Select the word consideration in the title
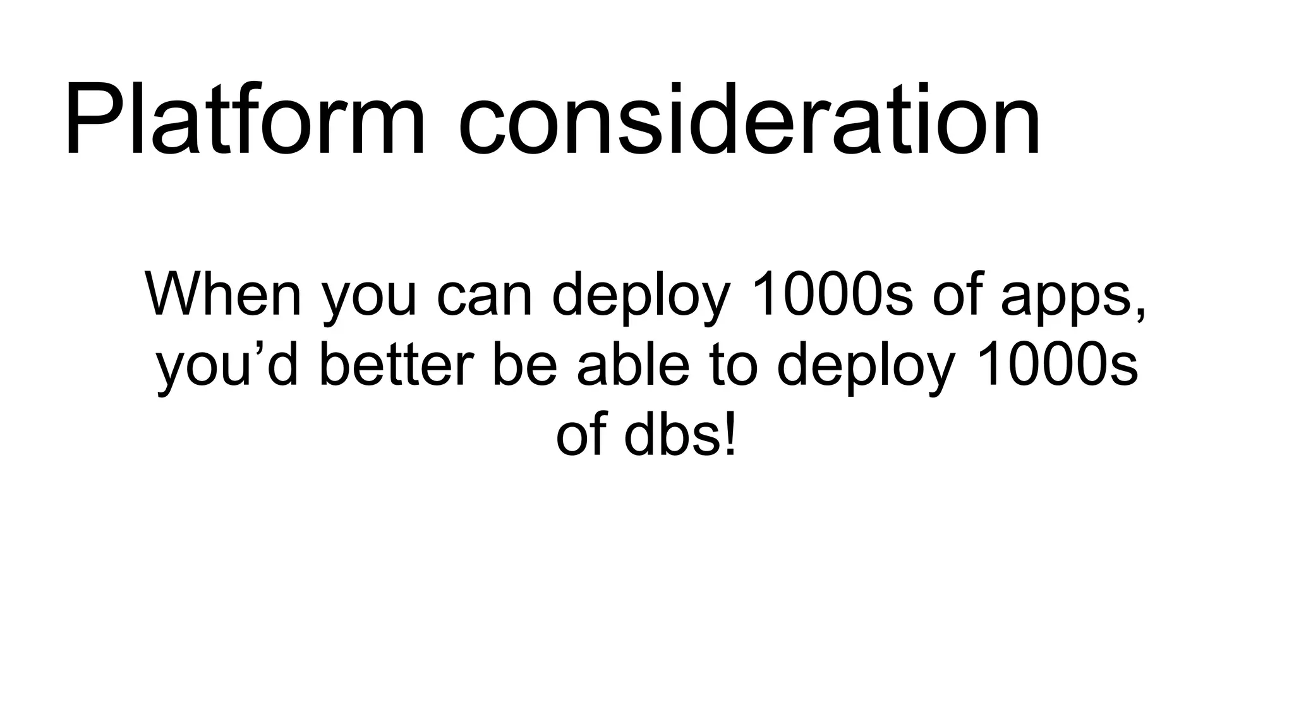pos(749,120)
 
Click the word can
pos(485,295)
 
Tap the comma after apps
pos(1140,313)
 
